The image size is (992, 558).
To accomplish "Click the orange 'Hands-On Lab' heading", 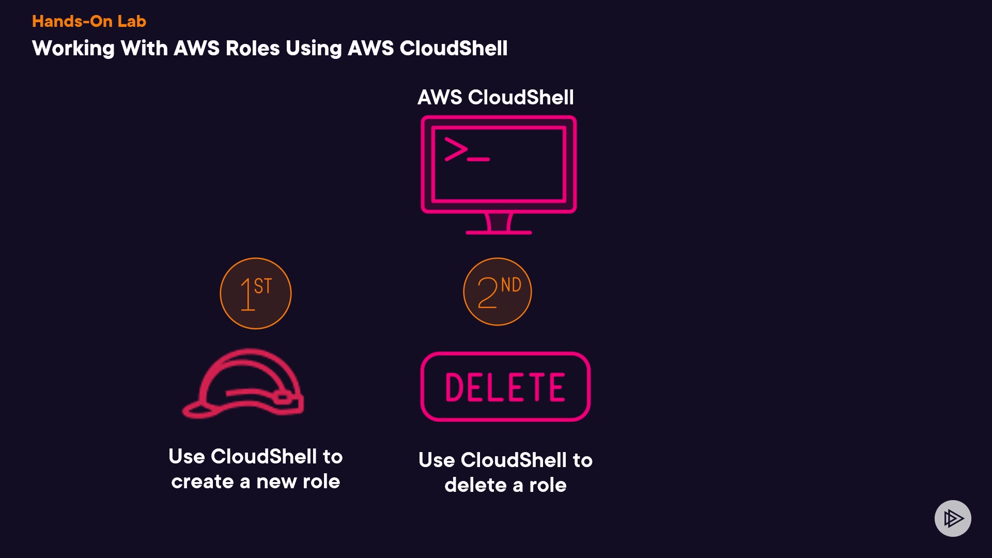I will (89, 21).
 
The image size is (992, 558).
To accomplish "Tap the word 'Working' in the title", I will (73, 49).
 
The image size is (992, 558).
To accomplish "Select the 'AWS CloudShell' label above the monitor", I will (495, 97).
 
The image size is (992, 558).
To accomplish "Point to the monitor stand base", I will (499, 232).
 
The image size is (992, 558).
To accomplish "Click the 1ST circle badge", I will (256, 293).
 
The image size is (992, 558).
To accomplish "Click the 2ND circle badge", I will (498, 292).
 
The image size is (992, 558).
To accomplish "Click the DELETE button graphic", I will (505, 387).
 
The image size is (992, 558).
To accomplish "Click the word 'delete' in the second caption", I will (475, 486).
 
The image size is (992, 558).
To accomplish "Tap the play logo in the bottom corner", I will (953, 518).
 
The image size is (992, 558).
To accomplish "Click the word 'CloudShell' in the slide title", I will (453, 49).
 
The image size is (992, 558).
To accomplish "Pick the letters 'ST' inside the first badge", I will (263, 286).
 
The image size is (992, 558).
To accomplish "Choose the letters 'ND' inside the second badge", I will (511, 285).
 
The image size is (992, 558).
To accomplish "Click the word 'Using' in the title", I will (314, 49).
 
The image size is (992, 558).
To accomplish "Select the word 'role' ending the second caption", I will (548, 486).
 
